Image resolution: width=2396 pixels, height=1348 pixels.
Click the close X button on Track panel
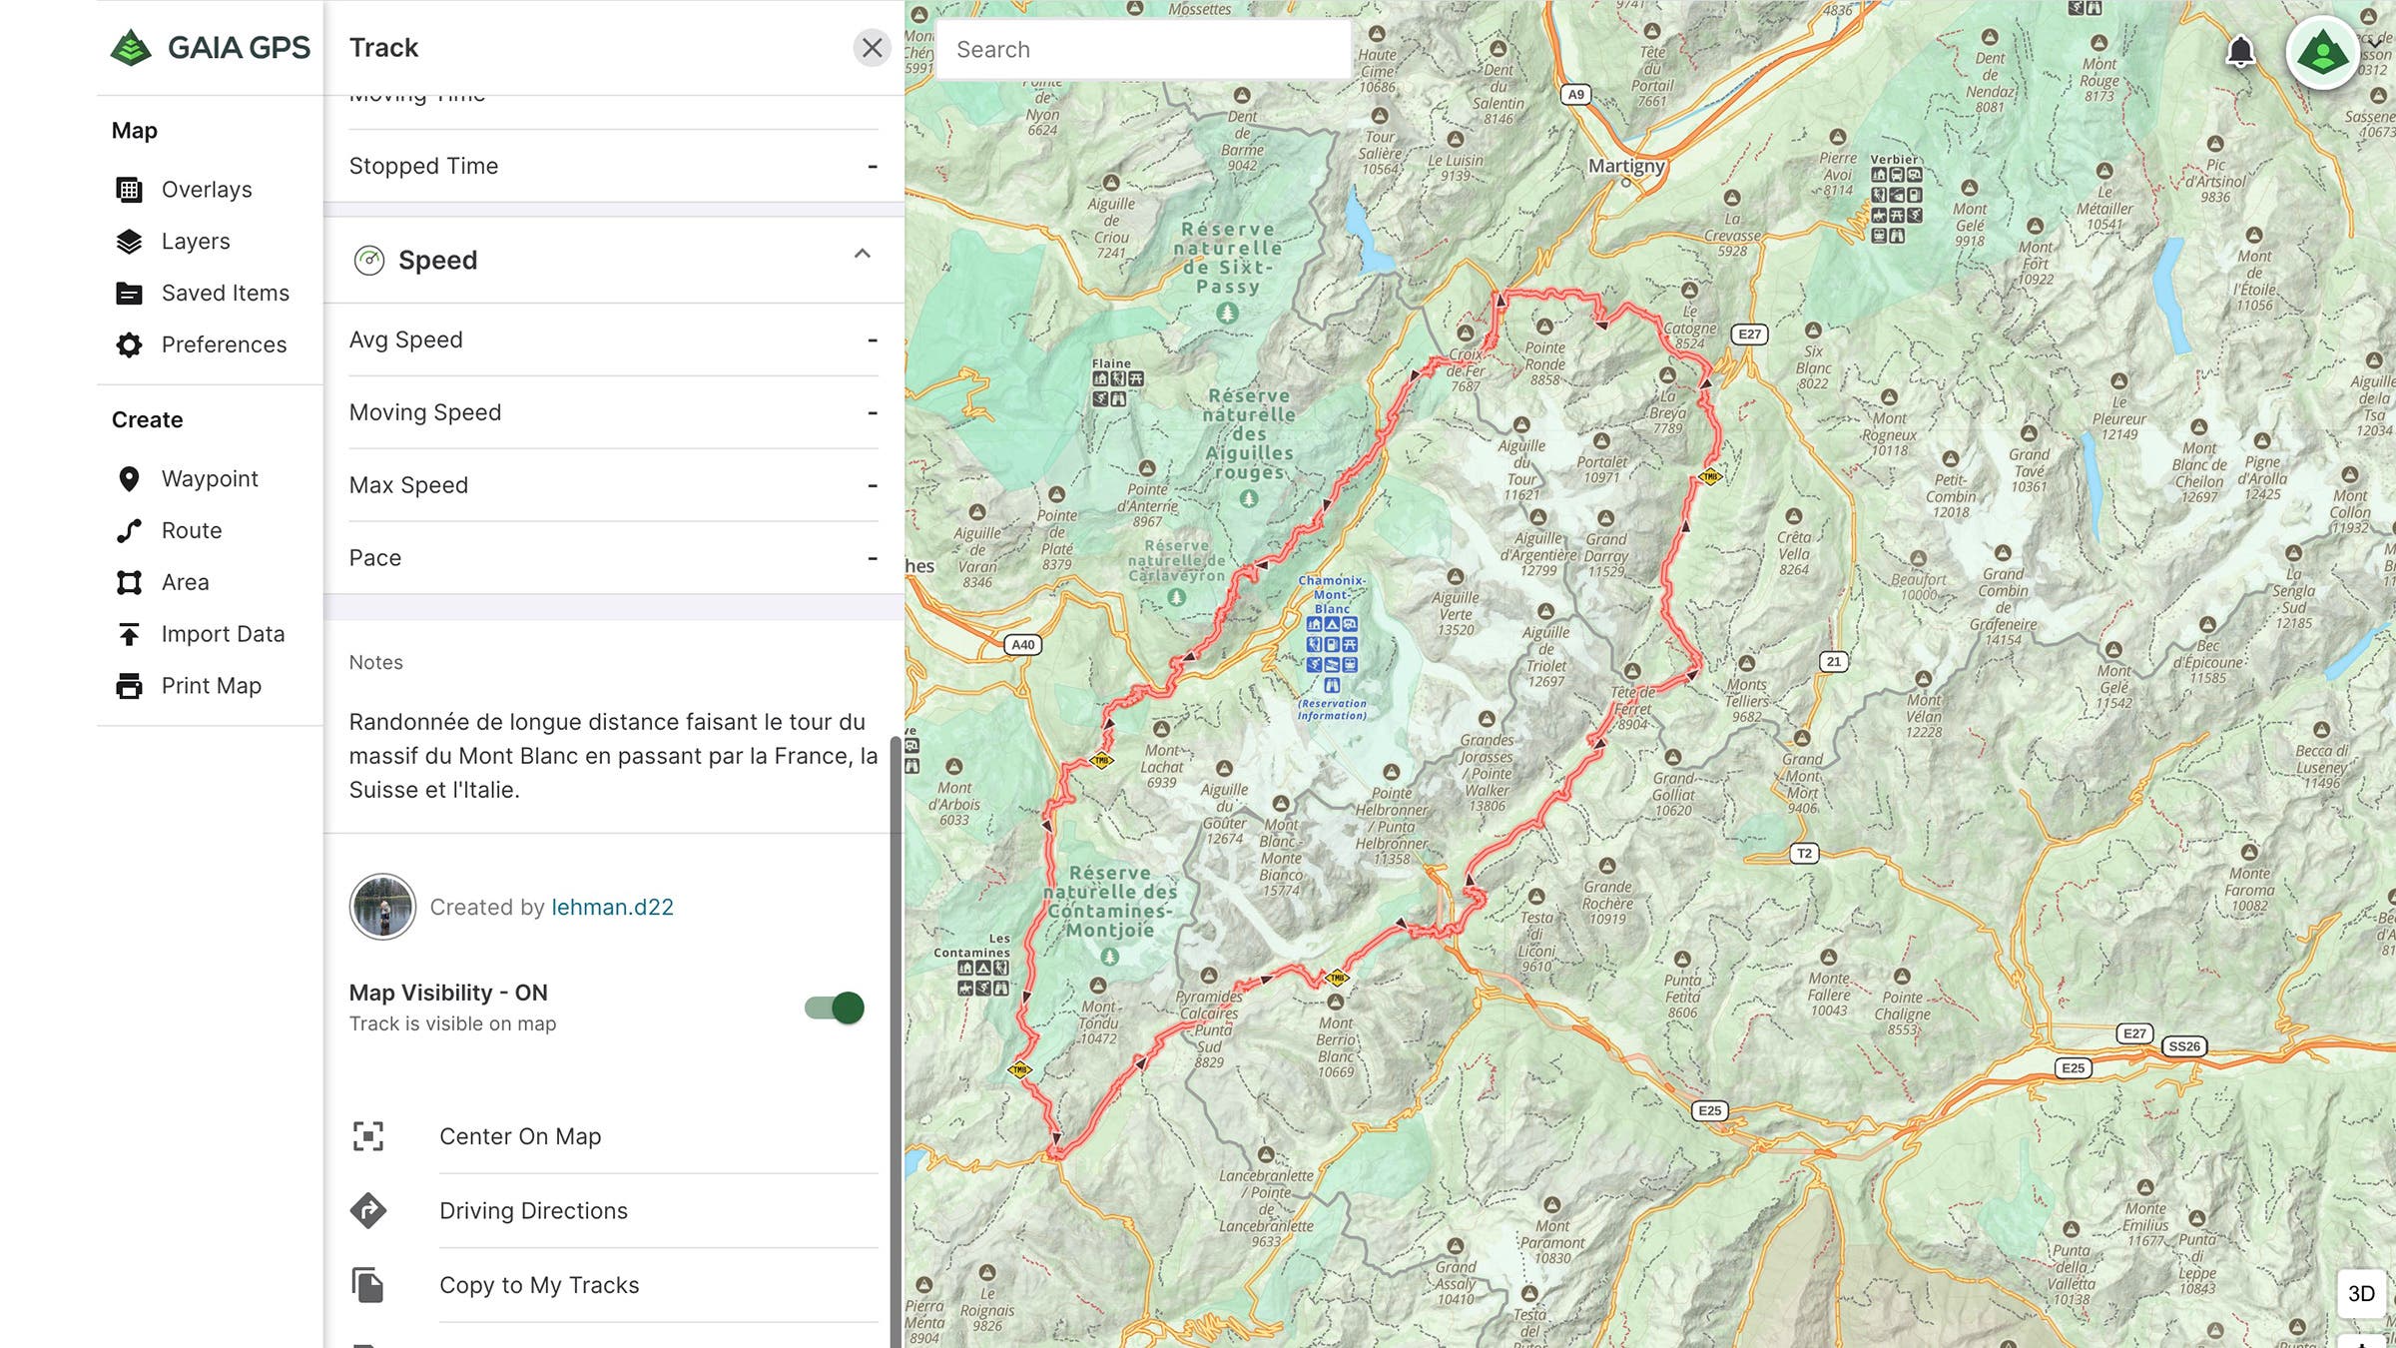point(872,48)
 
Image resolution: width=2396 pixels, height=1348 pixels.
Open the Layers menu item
point(195,242)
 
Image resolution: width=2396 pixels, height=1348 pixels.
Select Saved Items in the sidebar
point(225,294)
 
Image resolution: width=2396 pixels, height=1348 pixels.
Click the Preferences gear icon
point(129,345)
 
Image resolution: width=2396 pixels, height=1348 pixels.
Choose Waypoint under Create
point(209,479)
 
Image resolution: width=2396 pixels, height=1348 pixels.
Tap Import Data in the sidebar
point(222,634)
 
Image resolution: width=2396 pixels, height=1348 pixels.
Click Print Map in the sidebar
point(211,686)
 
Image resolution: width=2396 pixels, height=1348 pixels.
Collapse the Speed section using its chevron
point(863,255)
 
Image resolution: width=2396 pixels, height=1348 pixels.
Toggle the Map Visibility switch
point(835,1008)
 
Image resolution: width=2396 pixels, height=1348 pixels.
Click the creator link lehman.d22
point(612,907)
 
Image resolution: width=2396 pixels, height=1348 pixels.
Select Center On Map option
point(519,1136)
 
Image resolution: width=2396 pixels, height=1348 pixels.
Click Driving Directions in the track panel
point(533,1210)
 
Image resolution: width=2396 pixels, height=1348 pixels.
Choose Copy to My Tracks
point(539,1285)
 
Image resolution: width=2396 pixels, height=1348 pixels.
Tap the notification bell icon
point(2240,51)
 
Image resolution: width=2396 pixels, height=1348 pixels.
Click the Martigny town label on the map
point(1626,166)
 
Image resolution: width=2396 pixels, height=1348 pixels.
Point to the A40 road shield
point(1022,645)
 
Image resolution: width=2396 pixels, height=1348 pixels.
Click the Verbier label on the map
point(1894,160)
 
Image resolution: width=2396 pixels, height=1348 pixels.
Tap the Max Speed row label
point(408,485)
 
